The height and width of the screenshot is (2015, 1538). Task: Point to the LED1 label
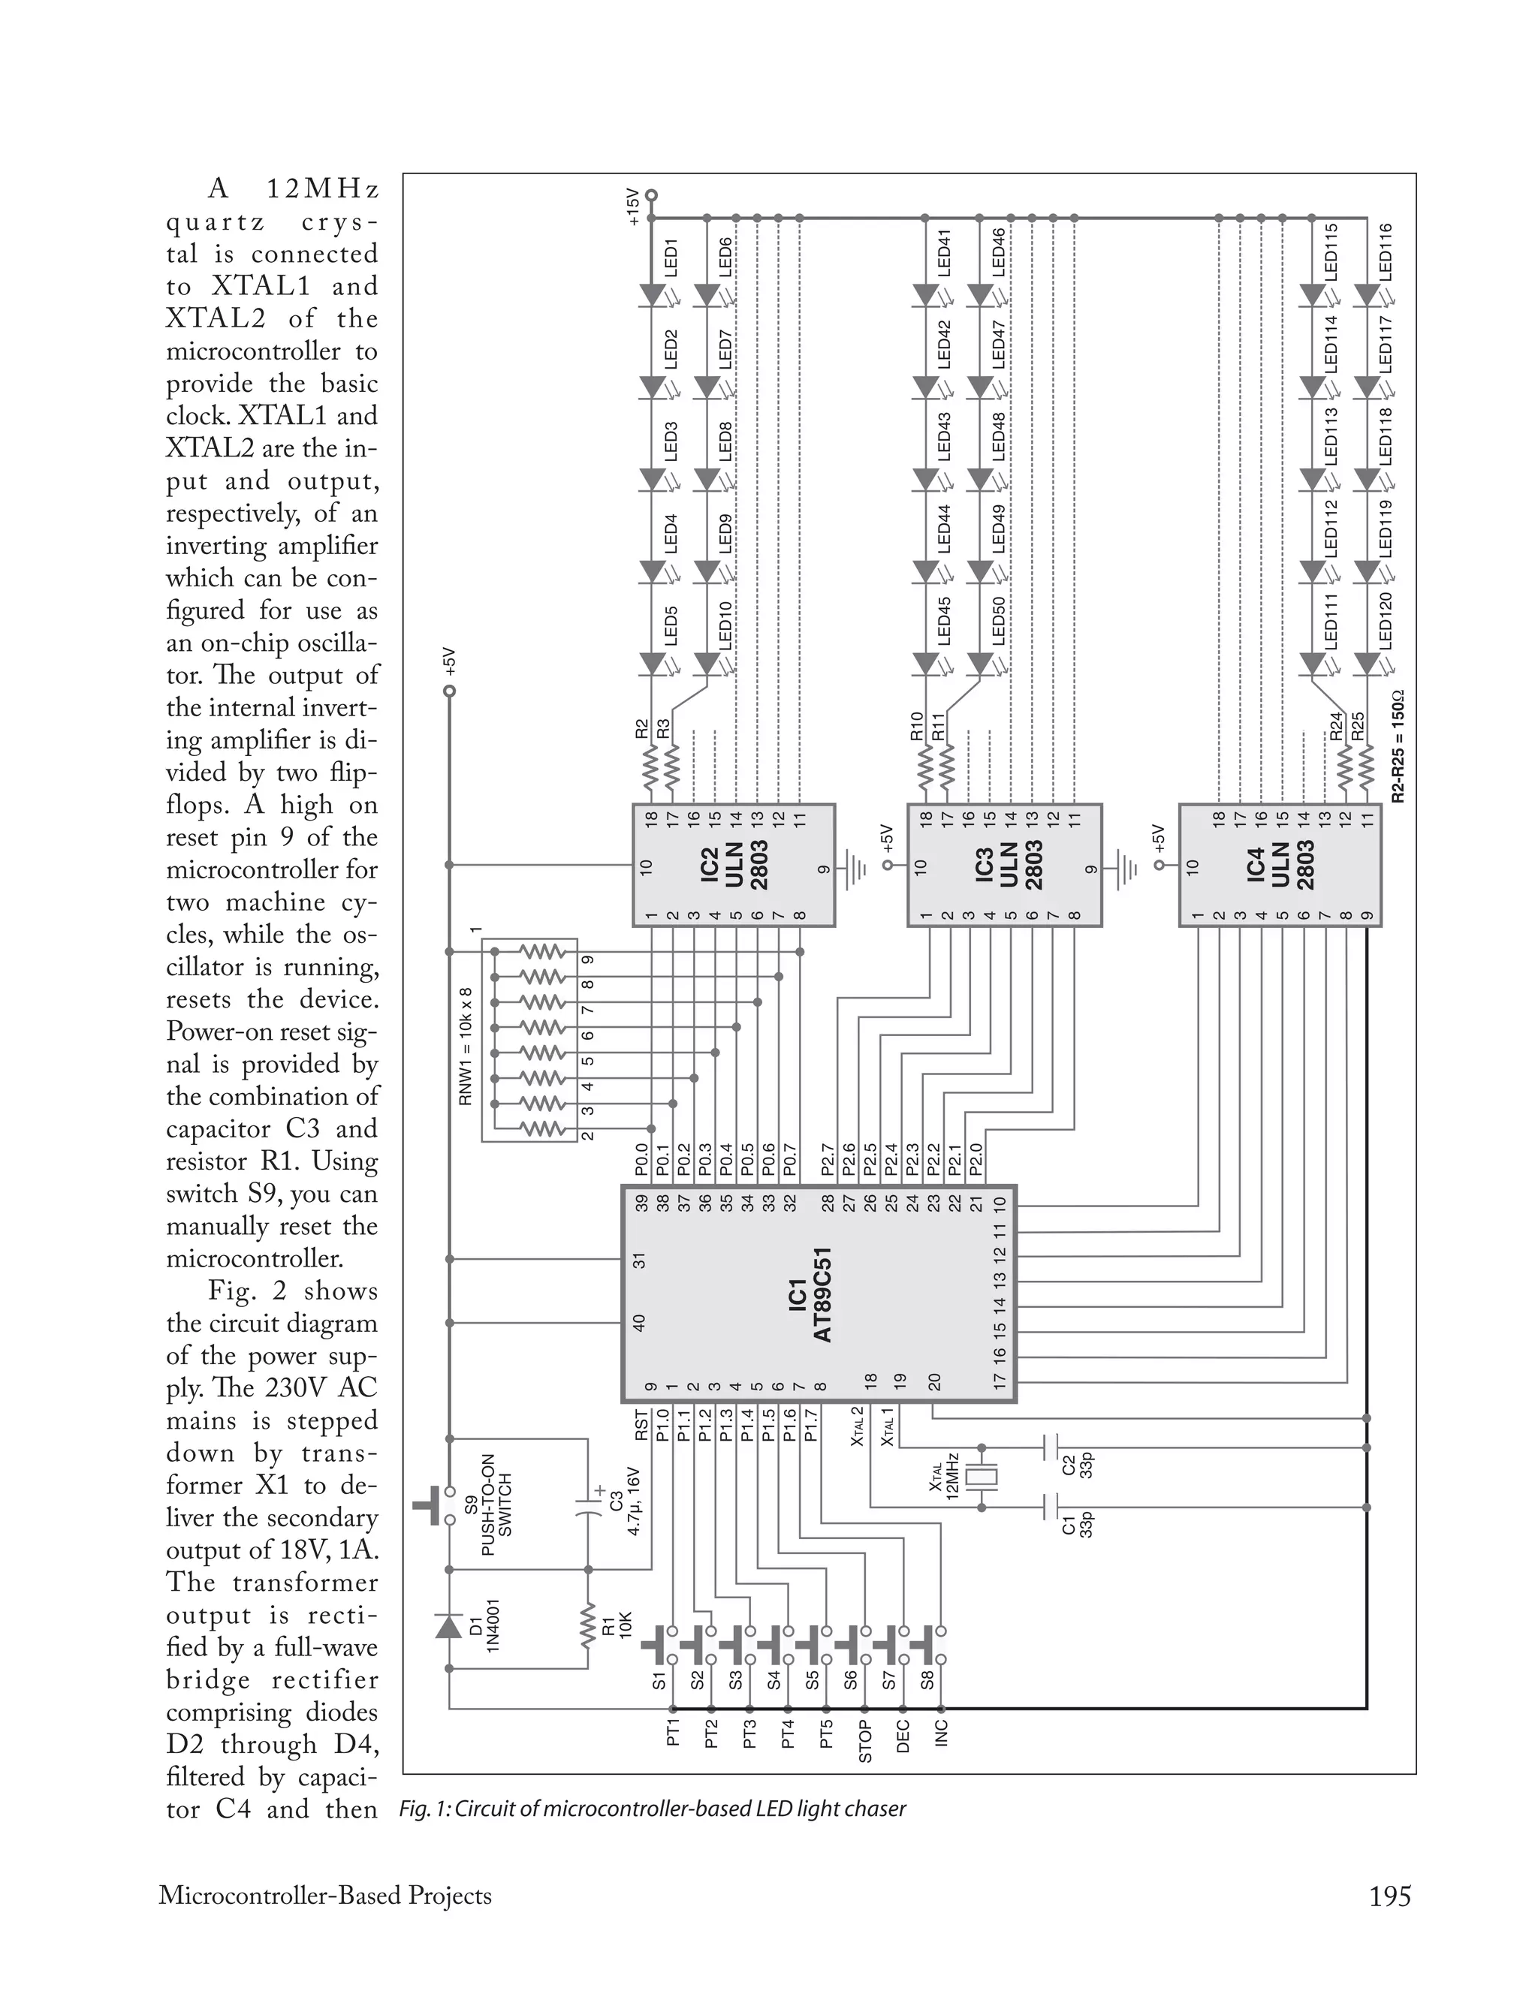point(671,258)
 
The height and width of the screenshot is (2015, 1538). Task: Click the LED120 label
point(1385,620)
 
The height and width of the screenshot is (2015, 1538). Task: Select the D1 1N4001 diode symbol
point(448,1625)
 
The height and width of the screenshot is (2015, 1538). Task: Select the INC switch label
point(942,1732)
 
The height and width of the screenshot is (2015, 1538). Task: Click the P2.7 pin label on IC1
point(827,1158)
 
